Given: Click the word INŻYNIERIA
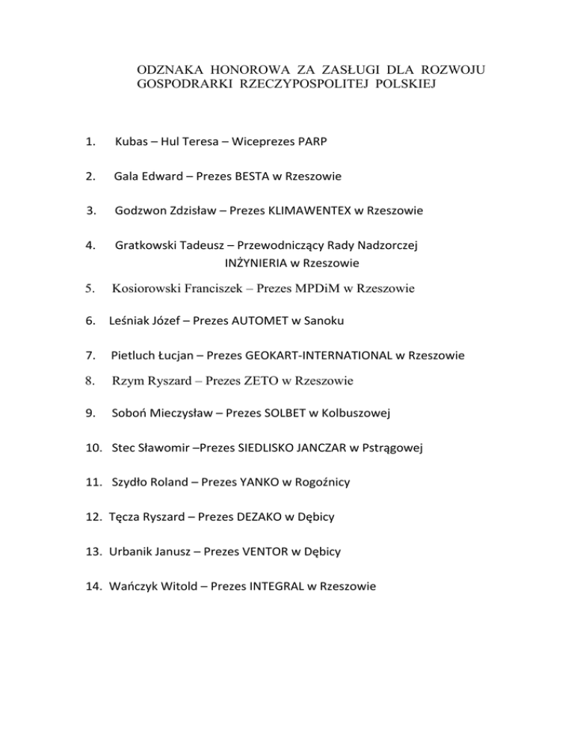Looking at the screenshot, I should tap(256, 263).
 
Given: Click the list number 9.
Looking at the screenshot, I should tap(90, 413).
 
